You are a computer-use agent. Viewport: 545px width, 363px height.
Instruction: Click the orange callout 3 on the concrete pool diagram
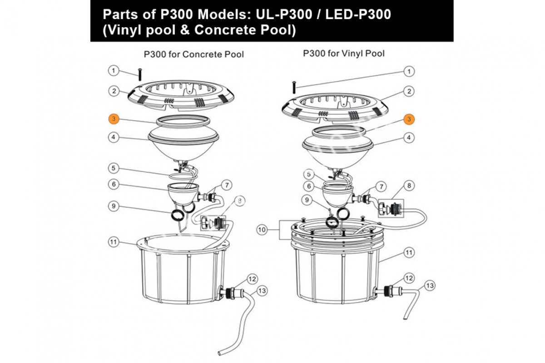tap(114, 119)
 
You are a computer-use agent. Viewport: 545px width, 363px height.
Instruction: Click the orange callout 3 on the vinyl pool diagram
tap(409, 119)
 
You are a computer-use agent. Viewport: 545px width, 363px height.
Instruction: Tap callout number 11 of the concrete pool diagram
tap(114, 242)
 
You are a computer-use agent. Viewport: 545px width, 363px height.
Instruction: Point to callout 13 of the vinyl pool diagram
tap(430, 285)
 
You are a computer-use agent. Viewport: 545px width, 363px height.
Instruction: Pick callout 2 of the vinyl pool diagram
tap(409, 91)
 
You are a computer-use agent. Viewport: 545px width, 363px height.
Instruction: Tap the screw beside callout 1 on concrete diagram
tap(140, 74)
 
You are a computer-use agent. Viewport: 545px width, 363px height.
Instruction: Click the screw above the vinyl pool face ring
tap(294, 86)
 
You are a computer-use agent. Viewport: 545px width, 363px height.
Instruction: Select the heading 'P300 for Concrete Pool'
tap(194, 54)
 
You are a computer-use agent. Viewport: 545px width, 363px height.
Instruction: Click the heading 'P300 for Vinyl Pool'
tap(344, 54)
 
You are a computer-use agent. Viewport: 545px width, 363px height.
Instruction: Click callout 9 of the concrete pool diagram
tap(114, 206)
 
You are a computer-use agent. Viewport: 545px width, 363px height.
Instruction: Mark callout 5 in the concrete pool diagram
tap(114, 168)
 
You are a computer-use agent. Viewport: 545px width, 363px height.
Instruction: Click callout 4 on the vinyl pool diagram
tap(409, 137)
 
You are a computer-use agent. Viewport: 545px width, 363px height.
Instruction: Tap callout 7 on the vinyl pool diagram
tap(382, 186)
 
